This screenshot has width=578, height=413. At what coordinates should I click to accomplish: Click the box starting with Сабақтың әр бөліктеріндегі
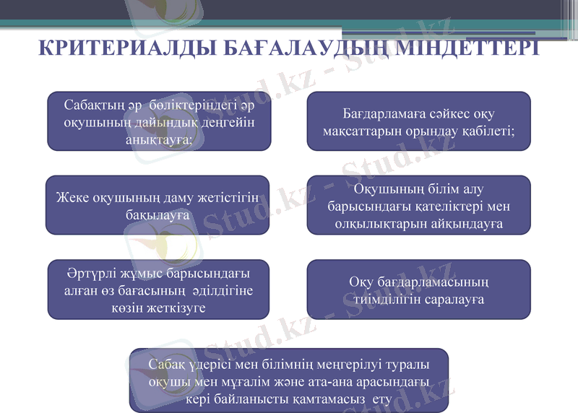pos(158,121)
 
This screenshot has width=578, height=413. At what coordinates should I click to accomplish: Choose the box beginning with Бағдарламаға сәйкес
pos(419,121)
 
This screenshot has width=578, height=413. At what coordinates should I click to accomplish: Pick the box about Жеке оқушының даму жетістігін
pos(158,205)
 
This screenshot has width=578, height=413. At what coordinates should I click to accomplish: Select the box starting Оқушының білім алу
pos(419,206)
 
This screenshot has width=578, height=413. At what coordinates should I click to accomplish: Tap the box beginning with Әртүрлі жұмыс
pos(158,290)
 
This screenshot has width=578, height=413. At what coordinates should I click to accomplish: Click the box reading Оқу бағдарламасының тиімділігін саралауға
pos(419,290)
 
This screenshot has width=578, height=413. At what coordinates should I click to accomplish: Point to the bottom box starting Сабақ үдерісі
pos(288,381)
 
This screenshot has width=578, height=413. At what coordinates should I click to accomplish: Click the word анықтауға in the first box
pos(158,139)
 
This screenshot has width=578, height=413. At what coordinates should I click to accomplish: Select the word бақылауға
pos(158,214)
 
